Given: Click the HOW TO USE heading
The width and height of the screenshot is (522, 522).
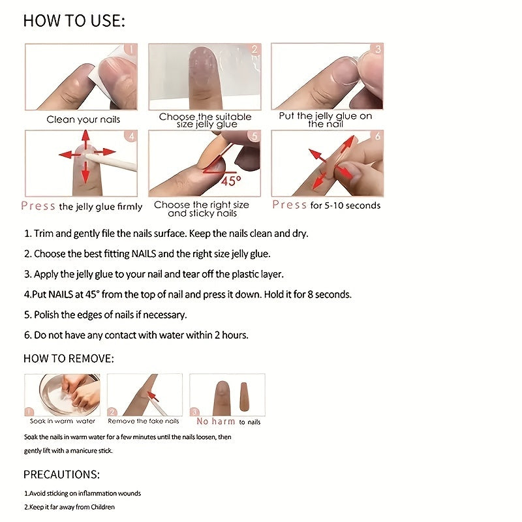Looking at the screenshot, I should pyautogui.click(x=74, y=21).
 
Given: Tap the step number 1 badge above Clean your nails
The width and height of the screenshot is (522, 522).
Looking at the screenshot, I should pyautogui.click(x=130, y=50).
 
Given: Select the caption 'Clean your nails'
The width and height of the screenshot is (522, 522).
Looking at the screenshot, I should pyautogui.click(x=83, y=119).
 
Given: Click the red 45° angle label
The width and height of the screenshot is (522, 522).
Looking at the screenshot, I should pyautogui.click(x=231, y=180).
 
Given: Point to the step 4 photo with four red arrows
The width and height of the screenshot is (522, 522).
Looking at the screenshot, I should pyautogui.click(x=81, y=162).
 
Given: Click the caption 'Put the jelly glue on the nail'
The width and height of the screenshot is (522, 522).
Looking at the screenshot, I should pyautogui.click(x=325, y=119).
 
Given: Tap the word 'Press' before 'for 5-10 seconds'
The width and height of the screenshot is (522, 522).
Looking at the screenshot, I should pyautogui.click(x=289, y=205).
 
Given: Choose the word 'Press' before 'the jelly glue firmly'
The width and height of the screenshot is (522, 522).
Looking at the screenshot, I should pyautogui.click(x=38, y=206).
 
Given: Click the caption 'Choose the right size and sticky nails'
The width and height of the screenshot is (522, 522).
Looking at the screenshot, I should pyautogui.click(x=202, y=209).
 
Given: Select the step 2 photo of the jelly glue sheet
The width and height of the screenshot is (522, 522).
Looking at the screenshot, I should pyautogui.click(x=204, y=76).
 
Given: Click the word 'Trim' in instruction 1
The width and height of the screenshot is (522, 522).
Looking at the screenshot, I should pyautogui.click(x=44, y=234).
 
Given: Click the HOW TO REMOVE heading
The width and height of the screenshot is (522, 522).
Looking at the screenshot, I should pyautogui.click(x=69, y=359).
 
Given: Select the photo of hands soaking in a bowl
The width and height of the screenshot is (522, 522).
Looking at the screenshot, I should pyautogui.click(x=63, y=394).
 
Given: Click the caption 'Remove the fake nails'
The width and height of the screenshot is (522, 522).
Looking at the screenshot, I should pyautogui.click(x=144, y=422).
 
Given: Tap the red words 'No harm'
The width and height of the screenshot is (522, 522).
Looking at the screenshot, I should pyautogui.click(x=217, y=422).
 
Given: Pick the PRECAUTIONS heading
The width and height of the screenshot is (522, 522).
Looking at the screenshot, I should pyautogui.click(x=61, y=474).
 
